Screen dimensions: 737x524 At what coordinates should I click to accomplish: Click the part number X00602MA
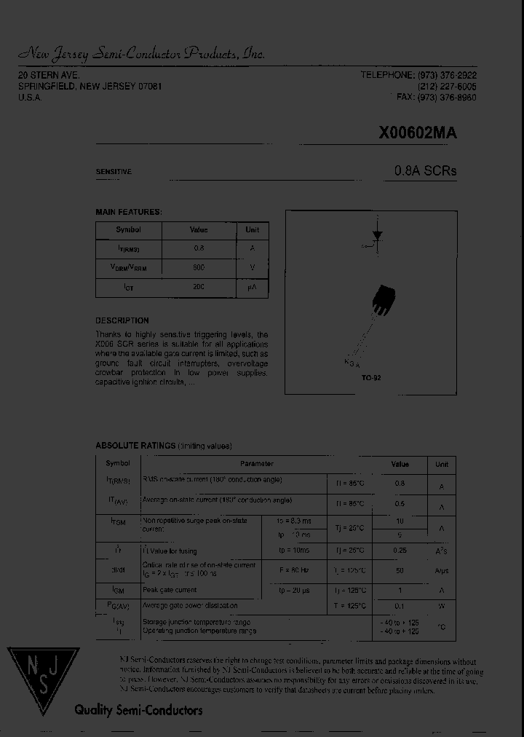tap(418, 133)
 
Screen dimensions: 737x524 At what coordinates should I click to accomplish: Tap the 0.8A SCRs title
tap(425, 171)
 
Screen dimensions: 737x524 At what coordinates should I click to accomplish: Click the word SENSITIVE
tap(114, 172)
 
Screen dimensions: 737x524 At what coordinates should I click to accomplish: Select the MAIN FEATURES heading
tap(128, 212)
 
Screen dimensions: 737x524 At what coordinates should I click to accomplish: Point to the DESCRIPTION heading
tap(122, 320)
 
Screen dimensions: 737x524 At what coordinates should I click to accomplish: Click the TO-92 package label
tap(371, 379)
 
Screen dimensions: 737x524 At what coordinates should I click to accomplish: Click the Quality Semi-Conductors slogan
tap(138, 710)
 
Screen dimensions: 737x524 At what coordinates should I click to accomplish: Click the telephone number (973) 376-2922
tap(447, 76)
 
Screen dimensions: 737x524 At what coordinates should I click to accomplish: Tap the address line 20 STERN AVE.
tap(49, 76)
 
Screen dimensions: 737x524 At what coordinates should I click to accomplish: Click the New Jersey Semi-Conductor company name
tap(141, 54)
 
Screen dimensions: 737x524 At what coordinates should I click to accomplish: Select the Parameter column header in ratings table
tap(257, 464)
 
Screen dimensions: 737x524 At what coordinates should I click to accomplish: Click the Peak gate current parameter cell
tap(170, 590)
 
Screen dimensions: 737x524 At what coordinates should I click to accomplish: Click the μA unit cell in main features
tap(252, 288)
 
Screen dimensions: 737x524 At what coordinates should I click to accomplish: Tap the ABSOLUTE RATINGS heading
tap(135, 446)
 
